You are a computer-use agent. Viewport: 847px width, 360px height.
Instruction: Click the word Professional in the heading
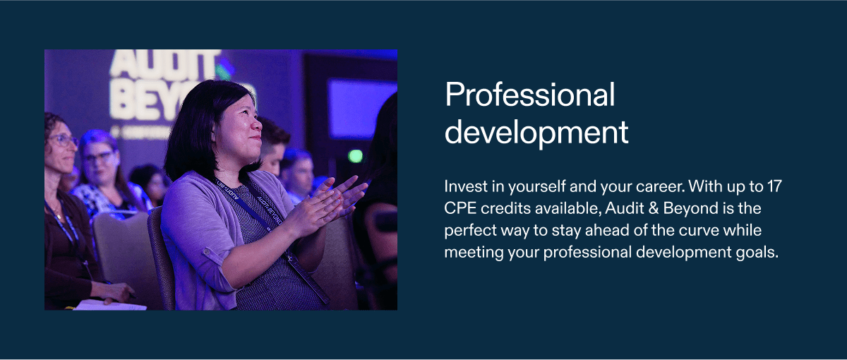pyautogui.click(x=530, y=95)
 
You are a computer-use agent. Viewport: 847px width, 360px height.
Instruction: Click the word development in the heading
pyautogui.click(x=536, y=133)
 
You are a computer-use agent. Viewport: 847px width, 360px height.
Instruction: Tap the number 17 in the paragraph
pyautogui.click(x=774, y=186)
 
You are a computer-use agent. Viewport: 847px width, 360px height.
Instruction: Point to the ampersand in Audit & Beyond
pyautogui.click(x=654, y=208)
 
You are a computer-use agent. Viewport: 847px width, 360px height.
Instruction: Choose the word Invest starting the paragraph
pyautogui.click(x=466, y=186)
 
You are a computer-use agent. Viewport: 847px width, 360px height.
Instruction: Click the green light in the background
pyautogui.click(x=355, y=156)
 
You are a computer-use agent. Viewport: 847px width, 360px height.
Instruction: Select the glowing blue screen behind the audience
pyautogui.click(x=361, y=108)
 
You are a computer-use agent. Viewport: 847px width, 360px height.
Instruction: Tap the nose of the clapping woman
pyautogui.click(x=257, y=124)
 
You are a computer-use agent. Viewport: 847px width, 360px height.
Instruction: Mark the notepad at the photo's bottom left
pyautogui.click(x=109, y=305)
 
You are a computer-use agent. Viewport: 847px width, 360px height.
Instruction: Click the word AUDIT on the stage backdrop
pyautogui.click(x=163, y=64)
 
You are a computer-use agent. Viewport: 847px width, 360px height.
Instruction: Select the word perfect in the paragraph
pyautogui.click(x=468, y=231)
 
